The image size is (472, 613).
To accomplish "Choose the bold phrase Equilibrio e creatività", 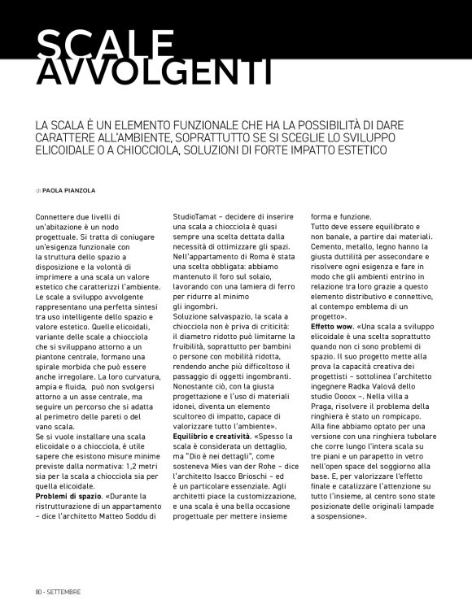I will click(211, 437).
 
